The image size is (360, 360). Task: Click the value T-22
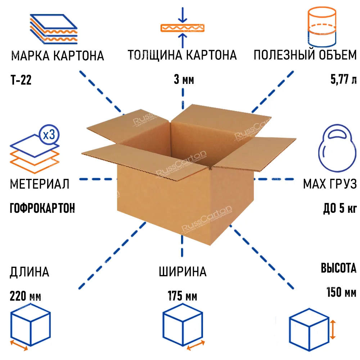pos(21,80)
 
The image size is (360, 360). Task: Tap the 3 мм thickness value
pos(184,80)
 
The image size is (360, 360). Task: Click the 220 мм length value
pos(26,297)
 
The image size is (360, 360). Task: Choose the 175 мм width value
pos(182,297)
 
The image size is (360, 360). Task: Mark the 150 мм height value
pos(341,292)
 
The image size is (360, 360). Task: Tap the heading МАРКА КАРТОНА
pos(58,56)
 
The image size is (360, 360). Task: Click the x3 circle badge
pos(48,135)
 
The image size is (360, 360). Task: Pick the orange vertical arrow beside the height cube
pos(333,330)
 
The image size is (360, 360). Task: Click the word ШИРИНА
pos(183,272)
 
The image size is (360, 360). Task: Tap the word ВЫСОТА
pos(338,268)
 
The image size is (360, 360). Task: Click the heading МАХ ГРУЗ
pos(329,184)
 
